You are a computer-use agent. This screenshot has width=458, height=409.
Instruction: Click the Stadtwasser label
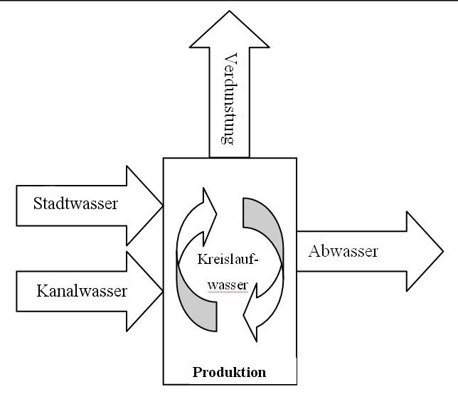coord(75,204)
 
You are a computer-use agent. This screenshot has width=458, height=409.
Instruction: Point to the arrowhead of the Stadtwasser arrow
coord(145,206)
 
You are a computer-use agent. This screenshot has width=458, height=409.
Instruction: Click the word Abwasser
coord(343,251)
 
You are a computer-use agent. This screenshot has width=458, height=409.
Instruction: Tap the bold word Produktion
coord(229,372)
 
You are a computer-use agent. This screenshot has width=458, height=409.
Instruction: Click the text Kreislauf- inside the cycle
coord(228,260)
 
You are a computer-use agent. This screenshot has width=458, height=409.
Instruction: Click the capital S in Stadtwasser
coord(38,204)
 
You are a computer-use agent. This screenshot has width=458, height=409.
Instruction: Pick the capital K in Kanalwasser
coord(41,290)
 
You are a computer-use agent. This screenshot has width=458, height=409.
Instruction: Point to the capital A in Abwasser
coord(314,251)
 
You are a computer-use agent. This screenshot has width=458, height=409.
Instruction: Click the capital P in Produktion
coord(196,372)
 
